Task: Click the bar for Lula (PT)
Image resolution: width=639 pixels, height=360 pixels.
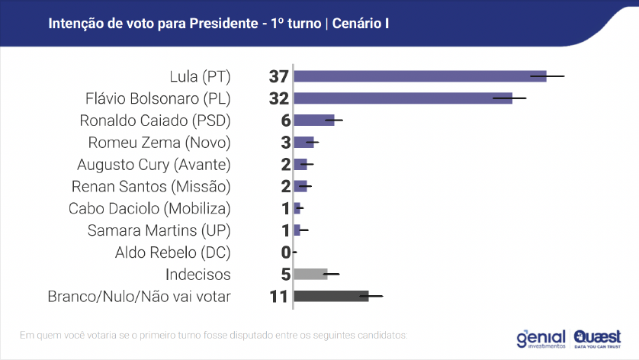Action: (x=419, y=76)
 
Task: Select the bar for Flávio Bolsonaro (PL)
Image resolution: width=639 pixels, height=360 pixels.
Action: (x=403, y=98)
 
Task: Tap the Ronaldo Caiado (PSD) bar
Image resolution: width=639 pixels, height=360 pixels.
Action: (x=313, y=121)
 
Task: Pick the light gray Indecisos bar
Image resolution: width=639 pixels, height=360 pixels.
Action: (x=310, y=274)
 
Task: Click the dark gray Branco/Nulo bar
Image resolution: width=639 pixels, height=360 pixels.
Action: (x=331, y=296)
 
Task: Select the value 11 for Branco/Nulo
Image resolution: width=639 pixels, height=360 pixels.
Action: (x=278, y=296)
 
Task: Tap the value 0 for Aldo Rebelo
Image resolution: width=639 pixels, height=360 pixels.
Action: (x=286, y=252)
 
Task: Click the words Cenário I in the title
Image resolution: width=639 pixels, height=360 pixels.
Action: (x=361, y=24)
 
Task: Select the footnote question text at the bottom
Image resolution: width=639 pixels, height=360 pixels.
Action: (x=214, y=334)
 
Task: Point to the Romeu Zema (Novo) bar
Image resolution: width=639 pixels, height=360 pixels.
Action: (x=303, y=143)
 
